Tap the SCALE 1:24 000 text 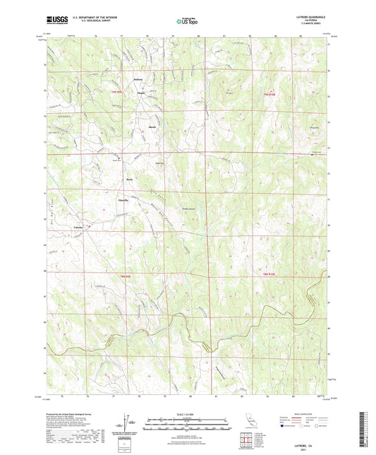point(188,414)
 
